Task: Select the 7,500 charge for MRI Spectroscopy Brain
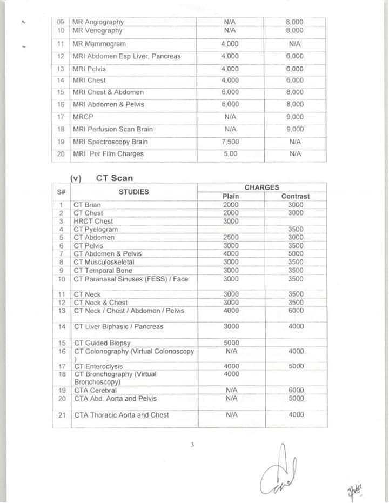(230, 142)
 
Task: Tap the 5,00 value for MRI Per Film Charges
(230, 154)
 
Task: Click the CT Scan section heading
(114, 178)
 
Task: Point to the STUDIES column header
(134, 191)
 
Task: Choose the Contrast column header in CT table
(296, 196)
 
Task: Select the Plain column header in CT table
(231, 196)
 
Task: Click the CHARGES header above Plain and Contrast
(261, 187)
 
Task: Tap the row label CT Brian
(87, 205)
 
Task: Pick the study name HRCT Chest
(93, 221)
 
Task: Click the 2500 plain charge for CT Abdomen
(231, 237)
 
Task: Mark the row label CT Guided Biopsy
(102, 343)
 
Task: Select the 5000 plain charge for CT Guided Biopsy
(231, 343)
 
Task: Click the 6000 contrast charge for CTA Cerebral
(296, 390)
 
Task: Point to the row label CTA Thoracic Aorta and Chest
(122, 415)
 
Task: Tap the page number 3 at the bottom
(192, 445)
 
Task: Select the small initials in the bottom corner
(354, 489)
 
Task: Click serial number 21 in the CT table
(62, 415)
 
